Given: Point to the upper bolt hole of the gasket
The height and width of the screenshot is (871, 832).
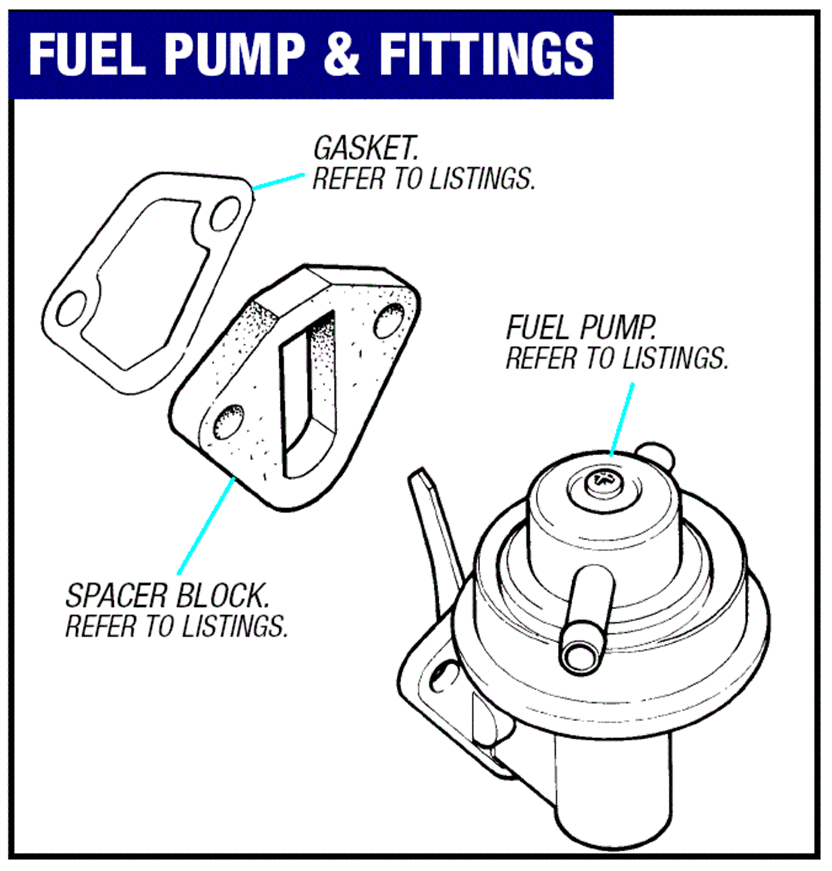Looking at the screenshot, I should (225, 214).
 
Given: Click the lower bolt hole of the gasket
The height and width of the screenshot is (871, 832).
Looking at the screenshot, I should (71, 308).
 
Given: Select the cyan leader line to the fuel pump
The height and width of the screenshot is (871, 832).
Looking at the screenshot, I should (621, 419).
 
